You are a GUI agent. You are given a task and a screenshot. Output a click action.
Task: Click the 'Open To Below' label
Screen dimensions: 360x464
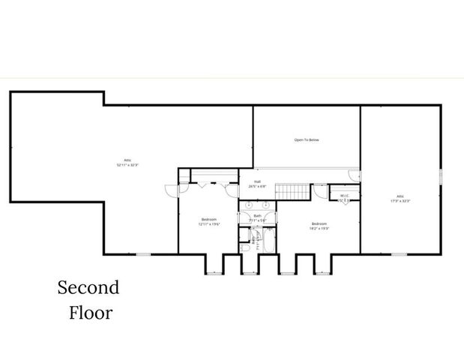(x=307, y=139)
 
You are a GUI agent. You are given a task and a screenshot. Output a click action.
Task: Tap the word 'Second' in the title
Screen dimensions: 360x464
(x=88, y=288)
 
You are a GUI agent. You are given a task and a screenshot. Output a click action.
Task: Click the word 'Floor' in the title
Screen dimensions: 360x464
(x=91, y=312)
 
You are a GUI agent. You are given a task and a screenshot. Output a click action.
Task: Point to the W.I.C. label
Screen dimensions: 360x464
(x=345, y=196)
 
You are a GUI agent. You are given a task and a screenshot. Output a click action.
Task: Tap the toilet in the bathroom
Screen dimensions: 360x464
(x=245, y=248)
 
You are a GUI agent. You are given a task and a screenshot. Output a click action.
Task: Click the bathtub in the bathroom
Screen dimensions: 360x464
(x=264, y=240)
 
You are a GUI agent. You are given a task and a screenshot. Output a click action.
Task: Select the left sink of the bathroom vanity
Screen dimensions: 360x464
(x=248, y=204)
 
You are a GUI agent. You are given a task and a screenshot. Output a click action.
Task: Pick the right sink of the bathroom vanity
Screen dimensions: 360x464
(x=266, y=204)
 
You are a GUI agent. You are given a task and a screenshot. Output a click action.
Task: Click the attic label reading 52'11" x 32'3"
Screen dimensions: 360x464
(x=127, y=160)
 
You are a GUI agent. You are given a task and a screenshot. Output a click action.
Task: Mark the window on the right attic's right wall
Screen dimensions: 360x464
(x=441, y=176)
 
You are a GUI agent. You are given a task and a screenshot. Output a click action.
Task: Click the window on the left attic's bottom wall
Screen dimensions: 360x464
(x=142, y=254)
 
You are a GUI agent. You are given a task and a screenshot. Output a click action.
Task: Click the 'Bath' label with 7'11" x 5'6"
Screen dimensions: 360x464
(x=257, y=217)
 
